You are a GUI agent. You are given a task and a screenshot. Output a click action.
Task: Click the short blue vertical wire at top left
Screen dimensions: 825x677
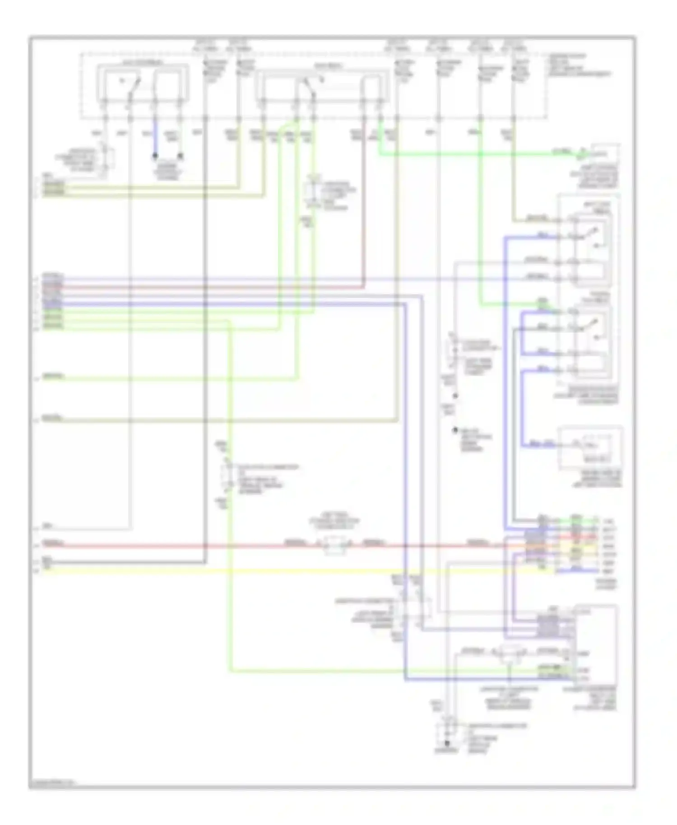155,138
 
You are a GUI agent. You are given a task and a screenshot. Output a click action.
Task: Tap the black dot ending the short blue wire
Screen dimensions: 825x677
155,156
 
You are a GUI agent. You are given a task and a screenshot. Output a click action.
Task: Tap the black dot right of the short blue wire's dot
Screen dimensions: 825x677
180,156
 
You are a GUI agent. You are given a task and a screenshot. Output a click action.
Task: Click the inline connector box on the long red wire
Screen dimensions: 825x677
334,545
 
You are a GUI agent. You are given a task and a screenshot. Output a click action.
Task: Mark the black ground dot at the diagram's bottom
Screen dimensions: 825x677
447,743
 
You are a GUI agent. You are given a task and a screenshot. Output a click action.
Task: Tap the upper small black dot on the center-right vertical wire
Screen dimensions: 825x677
455,396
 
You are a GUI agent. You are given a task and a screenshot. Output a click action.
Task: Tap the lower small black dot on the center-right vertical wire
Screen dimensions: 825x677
455,430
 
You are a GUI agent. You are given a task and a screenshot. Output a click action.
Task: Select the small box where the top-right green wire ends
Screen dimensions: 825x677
605,154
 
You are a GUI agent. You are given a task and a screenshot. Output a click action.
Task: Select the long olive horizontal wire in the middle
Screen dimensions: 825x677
226,421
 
